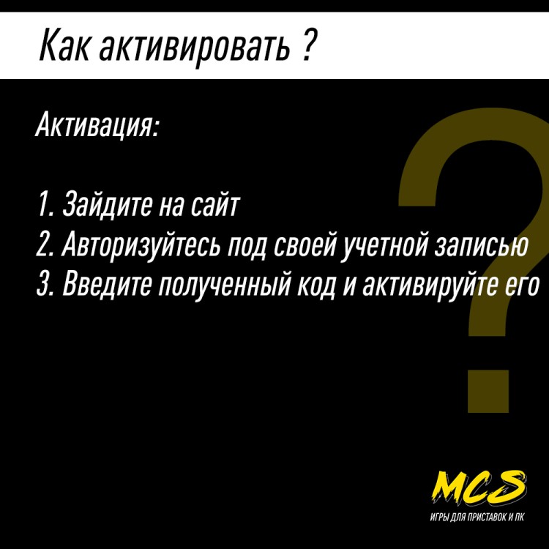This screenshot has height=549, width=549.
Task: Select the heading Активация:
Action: click(96, 126)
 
